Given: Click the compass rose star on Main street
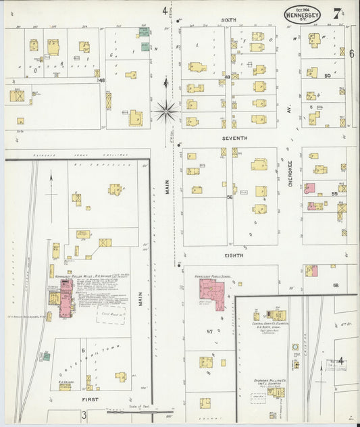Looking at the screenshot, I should click(x=166, y=109).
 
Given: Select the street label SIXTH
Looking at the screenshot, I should click(x=229, y=20).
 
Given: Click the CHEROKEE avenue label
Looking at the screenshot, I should click(x=290, y=173).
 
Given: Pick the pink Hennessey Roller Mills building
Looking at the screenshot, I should click(x=66, y=297).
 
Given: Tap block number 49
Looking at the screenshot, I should click(x=228, y=77).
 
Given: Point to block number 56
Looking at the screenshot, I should click(x=230, y=197).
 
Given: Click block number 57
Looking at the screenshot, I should click(x=209, y=332).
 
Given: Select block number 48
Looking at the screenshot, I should click(x=102, y=80).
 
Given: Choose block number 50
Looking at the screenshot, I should click(x=327, y=76).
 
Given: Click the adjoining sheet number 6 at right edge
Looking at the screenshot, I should click(x=351, y=53).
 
